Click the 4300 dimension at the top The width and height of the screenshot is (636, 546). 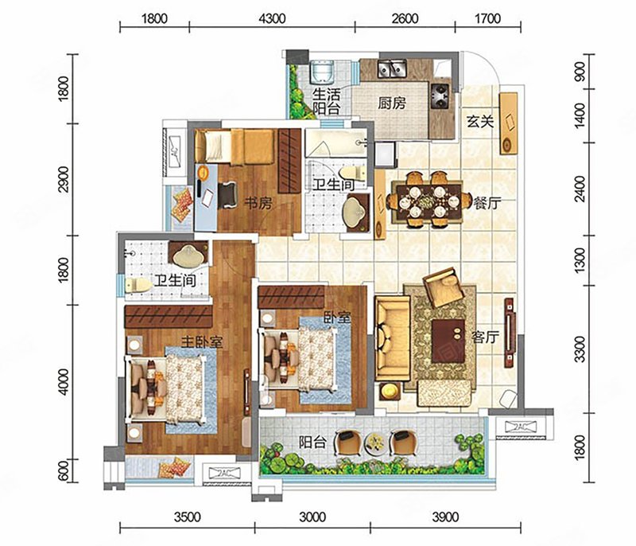272,18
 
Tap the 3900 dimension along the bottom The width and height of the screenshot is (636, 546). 445,517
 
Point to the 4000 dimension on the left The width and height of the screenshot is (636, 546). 64,381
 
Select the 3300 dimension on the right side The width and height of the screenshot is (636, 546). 580,349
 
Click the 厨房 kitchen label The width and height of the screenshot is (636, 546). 392,103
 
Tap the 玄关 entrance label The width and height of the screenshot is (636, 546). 480,122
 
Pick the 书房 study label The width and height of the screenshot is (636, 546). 258,203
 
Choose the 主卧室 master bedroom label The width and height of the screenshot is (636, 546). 202,342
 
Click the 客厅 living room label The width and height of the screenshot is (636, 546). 485,337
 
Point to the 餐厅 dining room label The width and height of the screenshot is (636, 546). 487,203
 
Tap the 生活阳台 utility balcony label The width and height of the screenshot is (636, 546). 327,102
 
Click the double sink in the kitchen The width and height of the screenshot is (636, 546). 392,68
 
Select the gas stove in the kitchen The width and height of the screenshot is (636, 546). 440,96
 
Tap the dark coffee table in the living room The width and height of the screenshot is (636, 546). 448,341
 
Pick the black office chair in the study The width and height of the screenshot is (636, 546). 227,195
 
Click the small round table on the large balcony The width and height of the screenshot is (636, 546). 374,442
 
